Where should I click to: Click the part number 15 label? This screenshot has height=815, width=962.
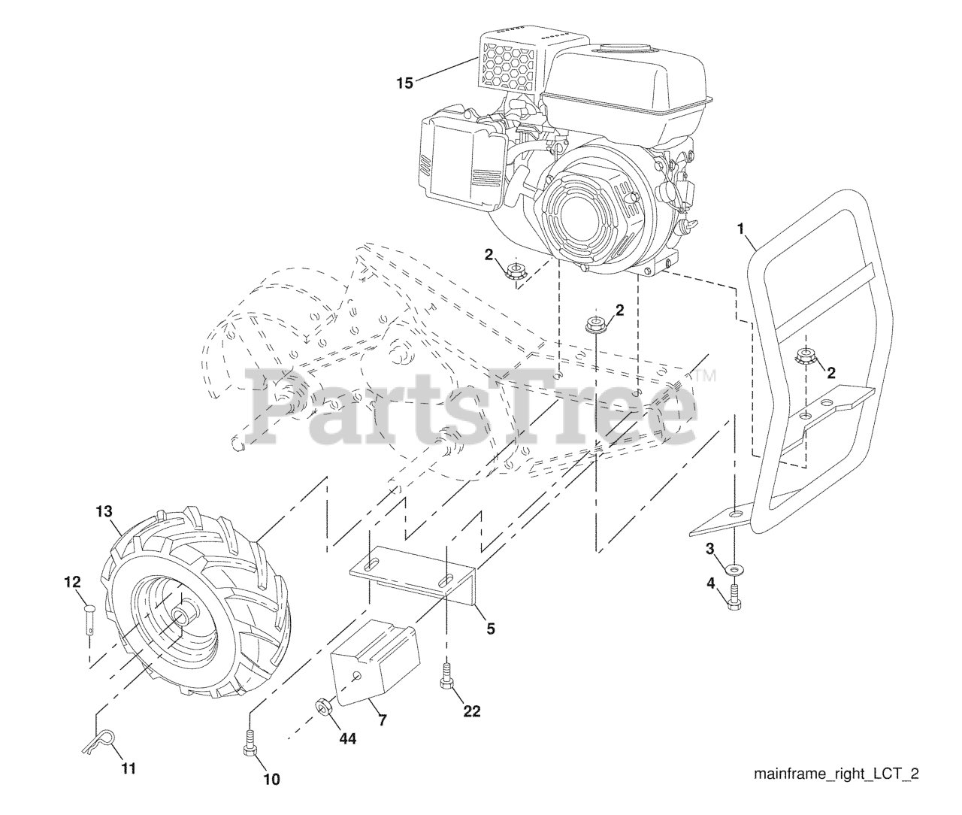(404, 83)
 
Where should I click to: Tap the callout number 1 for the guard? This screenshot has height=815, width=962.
(743, 226)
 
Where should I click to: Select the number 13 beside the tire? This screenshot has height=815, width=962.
(104, 511)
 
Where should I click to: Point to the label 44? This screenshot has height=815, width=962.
(346, 738)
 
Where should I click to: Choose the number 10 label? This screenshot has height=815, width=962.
(271, 780)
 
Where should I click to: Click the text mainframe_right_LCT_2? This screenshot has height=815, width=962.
(836, 774)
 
